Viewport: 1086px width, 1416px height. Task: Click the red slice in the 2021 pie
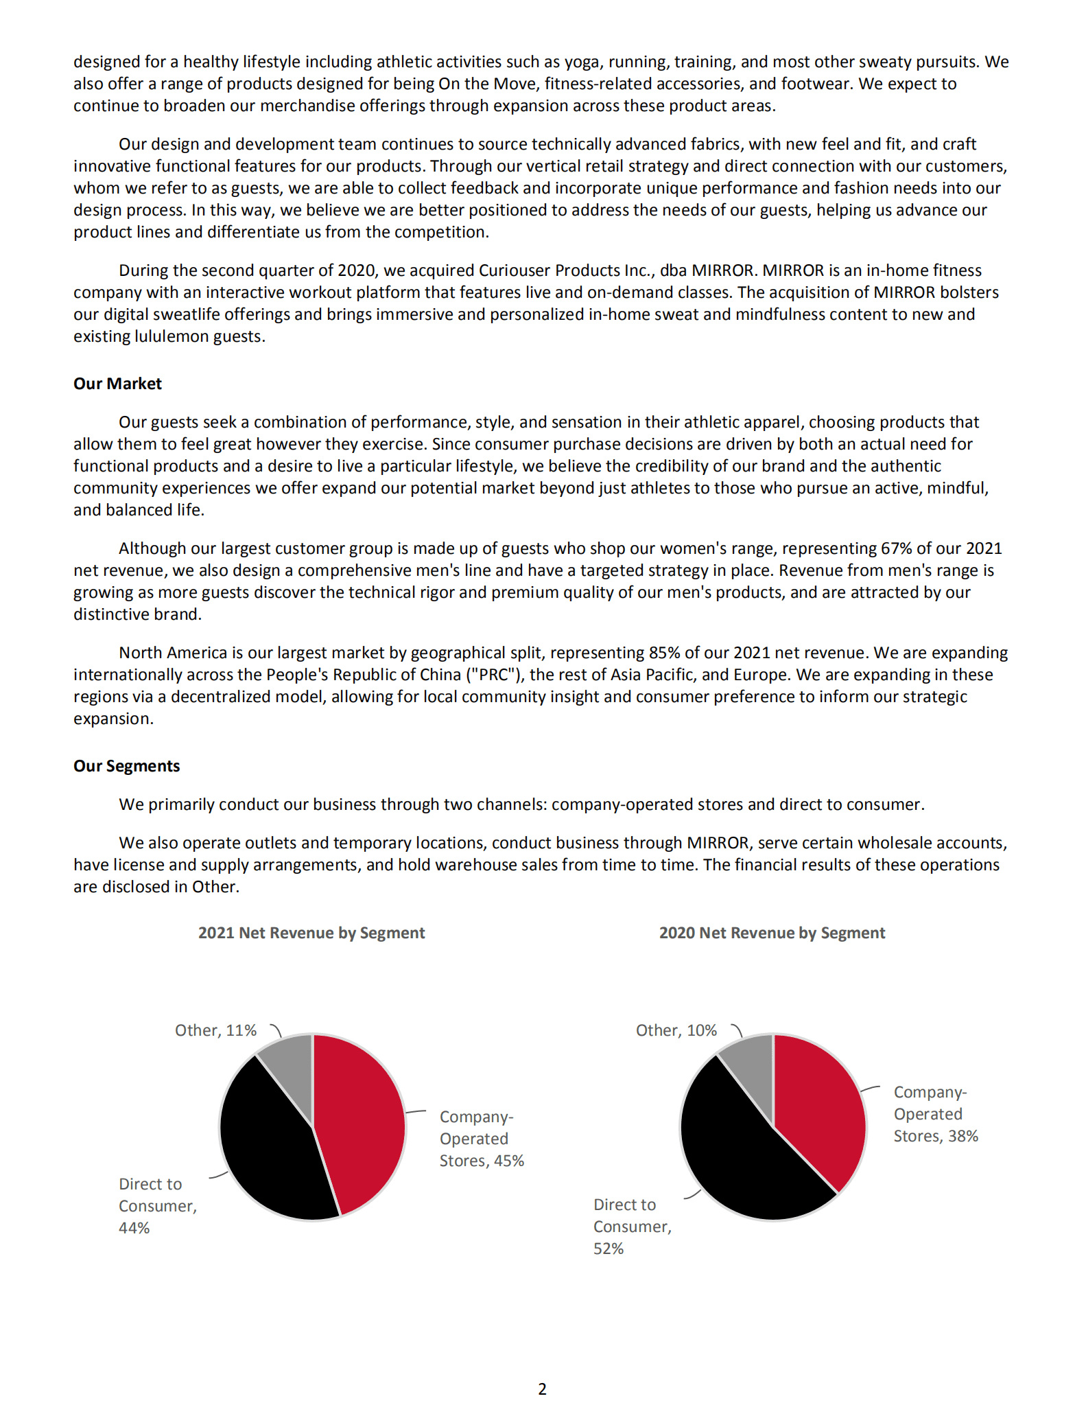[x=360, y=1119]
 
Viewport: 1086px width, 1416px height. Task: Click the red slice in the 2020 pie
[x=820, y=1105]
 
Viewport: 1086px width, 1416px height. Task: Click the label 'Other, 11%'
[x=215, y=1030]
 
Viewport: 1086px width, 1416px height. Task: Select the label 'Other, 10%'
[x=676, y=1030]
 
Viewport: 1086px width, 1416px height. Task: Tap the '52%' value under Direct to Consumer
[x=609, y=1249]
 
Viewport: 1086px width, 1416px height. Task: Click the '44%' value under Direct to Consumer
[x=134, y=1228]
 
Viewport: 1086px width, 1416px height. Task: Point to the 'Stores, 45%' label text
[x=482, y=1161]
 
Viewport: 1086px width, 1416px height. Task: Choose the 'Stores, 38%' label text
[x=936, y=1136]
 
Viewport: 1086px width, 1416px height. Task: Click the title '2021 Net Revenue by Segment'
[x=311, y=933]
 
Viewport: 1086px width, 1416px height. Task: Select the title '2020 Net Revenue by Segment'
[x=772, y=933]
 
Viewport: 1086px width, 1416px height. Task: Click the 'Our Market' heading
[x=117, y=384]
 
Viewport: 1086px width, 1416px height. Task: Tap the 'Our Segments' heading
[x=126, y=766]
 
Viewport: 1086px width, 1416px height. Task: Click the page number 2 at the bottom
[x=543, y=1389]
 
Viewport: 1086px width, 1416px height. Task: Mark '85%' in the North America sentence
[x=664, y=653]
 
